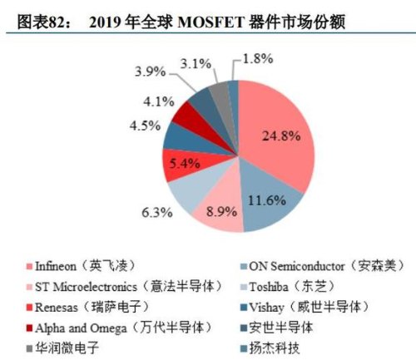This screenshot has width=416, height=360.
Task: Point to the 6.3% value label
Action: pyautogui.click(x=156, y=213)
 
